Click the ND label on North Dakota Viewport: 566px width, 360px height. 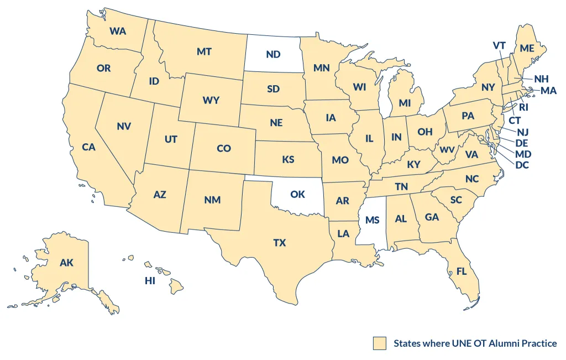tap(273, 54)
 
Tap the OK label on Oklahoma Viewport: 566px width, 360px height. tap(297, 194)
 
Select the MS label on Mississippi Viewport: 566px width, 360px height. tap(372, 220)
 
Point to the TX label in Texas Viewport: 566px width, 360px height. tap(280, 243)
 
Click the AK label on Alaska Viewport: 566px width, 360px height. tap(66, 263)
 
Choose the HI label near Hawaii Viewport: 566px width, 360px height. tap(150, 281)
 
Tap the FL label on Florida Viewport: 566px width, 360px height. tap(462, 272)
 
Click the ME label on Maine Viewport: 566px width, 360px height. tap(527, 48)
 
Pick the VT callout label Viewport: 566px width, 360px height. tap(500, 45)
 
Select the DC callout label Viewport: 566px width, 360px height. tap(522, 164)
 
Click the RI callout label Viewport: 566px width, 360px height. tap(523, 107)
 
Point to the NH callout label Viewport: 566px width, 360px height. tap(541, 79)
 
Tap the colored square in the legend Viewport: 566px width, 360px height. tap(379, 343)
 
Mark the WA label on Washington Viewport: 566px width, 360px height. tap(118, 31)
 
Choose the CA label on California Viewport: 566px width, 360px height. tap(89, 147)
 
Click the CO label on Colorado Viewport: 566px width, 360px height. tap(224, 148)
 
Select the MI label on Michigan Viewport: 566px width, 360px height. tap(405, 103)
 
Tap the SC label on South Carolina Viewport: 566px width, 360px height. tap(456, 200)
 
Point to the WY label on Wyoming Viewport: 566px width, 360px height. tap(211, 100)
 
